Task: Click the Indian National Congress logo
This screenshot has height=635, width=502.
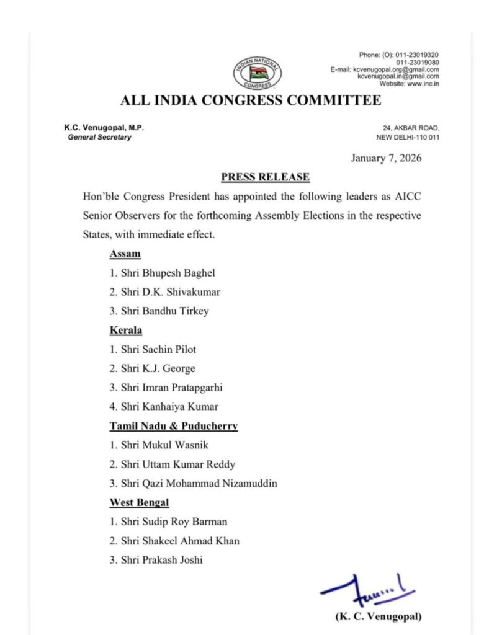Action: pos(257,73)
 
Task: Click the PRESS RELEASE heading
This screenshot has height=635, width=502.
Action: pos(265,177)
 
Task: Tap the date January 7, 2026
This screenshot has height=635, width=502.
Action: pos(386,158)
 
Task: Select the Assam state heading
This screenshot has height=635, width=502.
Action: pos(125,254)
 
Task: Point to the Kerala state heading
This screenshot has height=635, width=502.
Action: pos(126,331)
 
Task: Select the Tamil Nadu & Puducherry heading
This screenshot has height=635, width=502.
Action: pos(174,426)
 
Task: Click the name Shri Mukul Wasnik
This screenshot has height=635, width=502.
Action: pos(160,445)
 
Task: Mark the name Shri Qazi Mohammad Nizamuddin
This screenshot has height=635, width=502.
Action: pos(193,484)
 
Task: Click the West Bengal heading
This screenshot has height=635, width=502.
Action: pos(140,502)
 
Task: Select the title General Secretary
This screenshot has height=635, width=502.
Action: pos(99,137)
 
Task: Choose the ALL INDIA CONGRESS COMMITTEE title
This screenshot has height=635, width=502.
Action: pos(251,100)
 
